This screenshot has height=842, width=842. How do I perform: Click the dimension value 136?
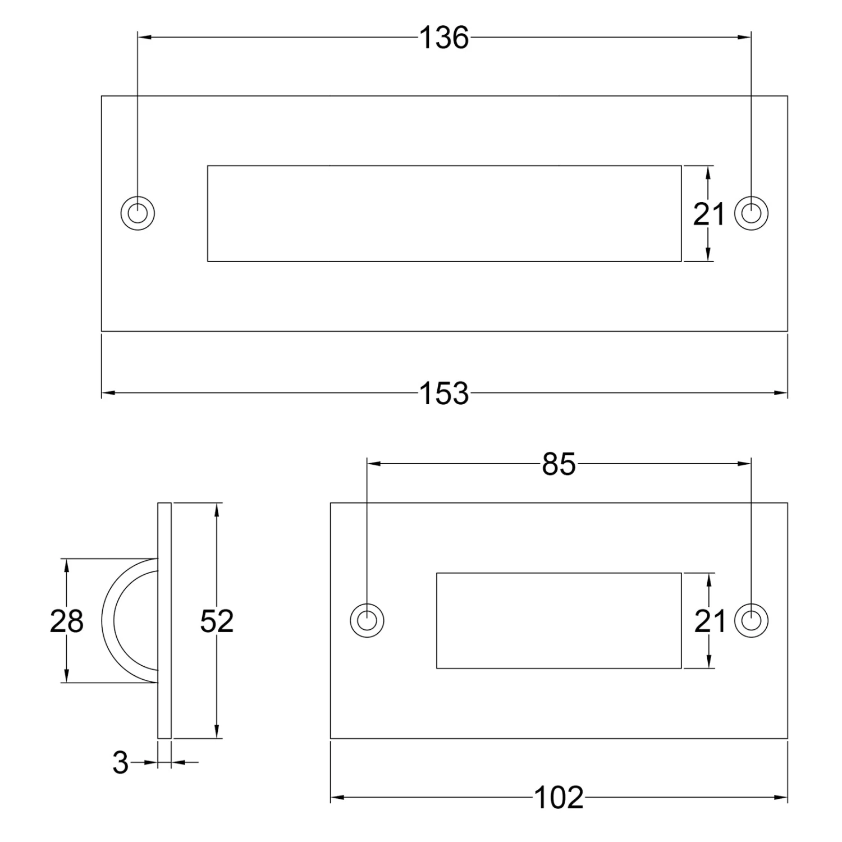[x=443, y=38]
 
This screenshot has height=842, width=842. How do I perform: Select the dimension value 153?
[x=443, y=393]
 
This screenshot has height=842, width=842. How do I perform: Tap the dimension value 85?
[x=559, y=464]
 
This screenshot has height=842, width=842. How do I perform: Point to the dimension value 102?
[x=559, y=798]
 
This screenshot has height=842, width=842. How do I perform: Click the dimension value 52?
[x=217, y=621]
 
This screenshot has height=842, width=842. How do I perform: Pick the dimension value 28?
[x=66, y=621]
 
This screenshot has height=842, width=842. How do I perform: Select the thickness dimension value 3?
[x=120, y=763]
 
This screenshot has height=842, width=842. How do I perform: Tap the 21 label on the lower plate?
[x=710, y=621]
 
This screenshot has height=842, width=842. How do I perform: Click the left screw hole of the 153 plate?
[x=138, y=214]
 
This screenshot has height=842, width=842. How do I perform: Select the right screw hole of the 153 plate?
[x=751, y=214]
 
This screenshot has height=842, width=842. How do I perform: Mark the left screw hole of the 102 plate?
[x=367, y=621]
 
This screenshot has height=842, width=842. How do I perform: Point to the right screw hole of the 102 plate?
[x=751, y=621]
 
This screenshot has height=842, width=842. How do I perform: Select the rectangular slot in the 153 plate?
[x=443, y=214]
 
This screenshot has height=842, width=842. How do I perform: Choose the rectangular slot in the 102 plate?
[x=559, y=621]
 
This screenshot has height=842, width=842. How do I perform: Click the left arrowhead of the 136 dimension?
[x=143, y=38]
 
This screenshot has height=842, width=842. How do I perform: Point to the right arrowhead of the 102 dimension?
[x=782, y=798]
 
